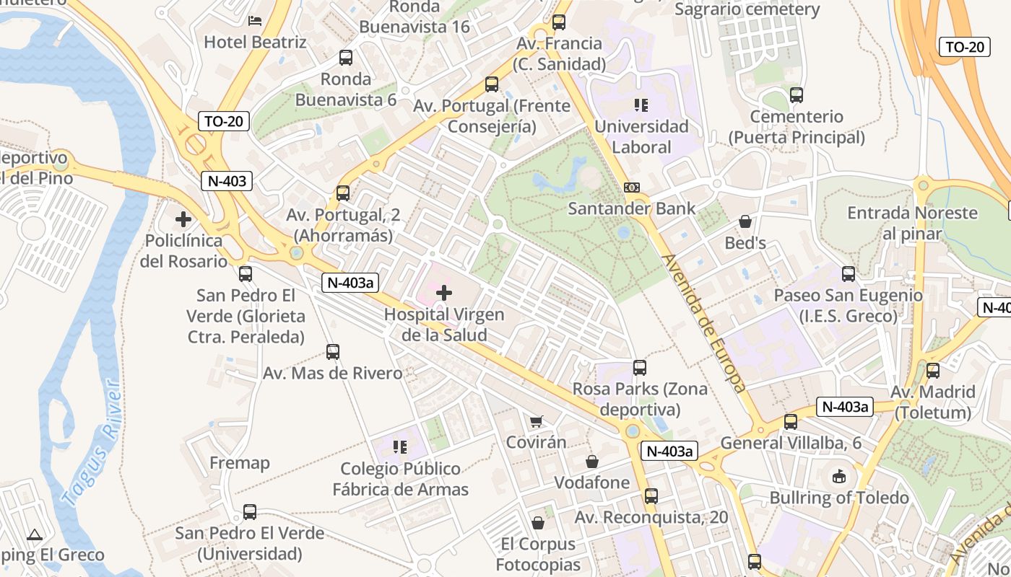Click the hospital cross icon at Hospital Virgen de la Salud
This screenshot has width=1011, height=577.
(444, 293)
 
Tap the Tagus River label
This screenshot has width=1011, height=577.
(91, 441)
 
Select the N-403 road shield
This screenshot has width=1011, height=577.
(227, 181)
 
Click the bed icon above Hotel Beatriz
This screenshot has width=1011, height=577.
(255, 20)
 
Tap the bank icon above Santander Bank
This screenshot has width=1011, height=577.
(631, 188)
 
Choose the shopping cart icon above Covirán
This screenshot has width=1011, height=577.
(536, 421)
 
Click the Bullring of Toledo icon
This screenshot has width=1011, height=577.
(838, 476)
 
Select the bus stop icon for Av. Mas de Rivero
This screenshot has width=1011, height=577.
(332, 352)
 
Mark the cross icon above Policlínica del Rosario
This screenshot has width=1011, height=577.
(183, 219)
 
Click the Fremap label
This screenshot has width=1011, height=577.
(240, 462)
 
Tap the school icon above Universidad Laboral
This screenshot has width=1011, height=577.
(641, 105)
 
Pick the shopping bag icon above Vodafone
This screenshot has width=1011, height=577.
(592, 462)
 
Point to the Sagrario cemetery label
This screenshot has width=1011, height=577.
(747, 9)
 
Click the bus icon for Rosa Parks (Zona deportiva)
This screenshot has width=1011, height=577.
(640, 368)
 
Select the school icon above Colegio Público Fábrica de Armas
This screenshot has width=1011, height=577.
(400, 447)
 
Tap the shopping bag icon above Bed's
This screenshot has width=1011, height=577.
(745, 221)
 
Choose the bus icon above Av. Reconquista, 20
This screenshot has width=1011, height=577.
(651, 495)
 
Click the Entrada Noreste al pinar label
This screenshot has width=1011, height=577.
(913, 223)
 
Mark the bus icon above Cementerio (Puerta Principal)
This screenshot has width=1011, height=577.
(797, 94)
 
